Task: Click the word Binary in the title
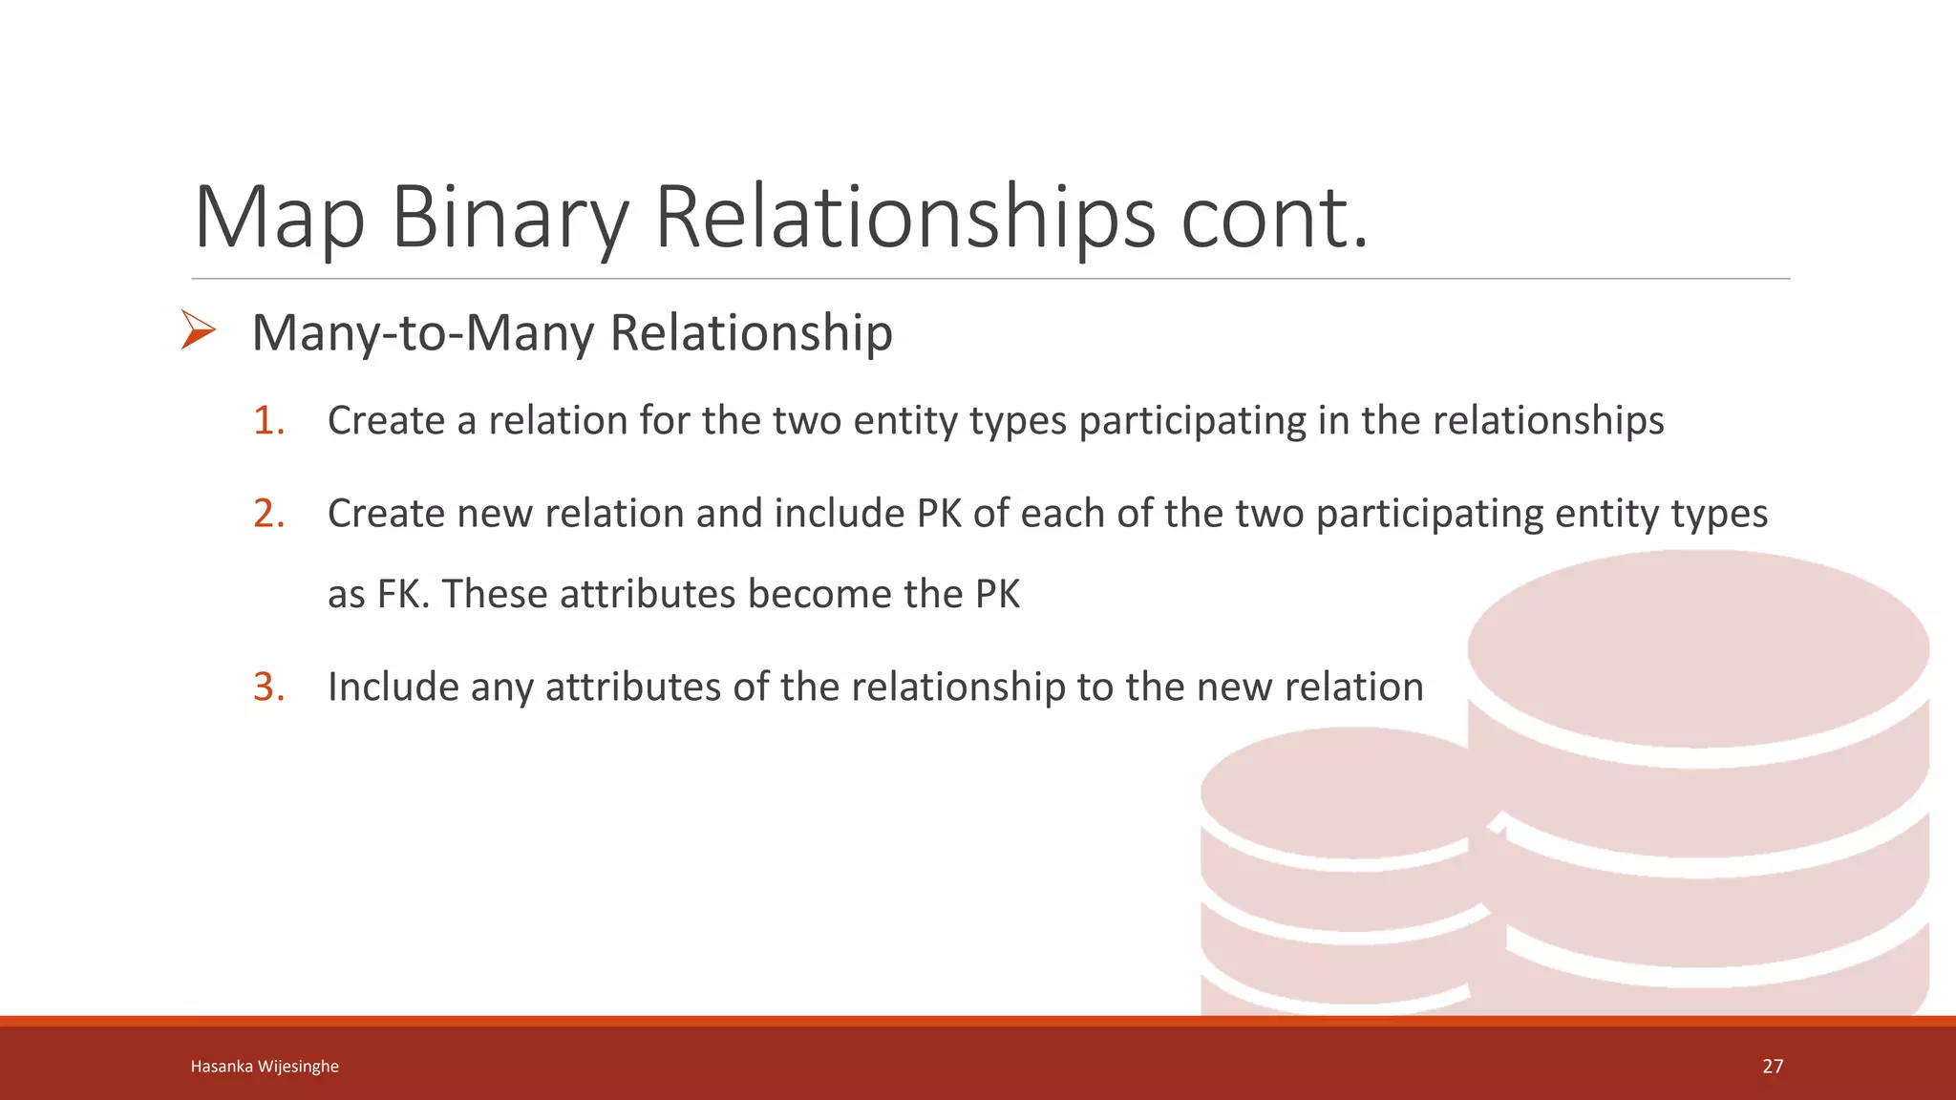(509, 218)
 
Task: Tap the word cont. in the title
(1274, 218)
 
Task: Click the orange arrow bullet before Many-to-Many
(198, 330)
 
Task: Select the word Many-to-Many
(423, 333)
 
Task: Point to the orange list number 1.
(268, 421)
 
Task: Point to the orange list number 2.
(268, 514)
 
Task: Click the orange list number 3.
(268, 687)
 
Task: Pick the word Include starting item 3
(393, 687)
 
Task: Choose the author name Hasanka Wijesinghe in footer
(265, 1067)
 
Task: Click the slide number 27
(1773, 1067)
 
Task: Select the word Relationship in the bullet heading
(751, 333)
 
